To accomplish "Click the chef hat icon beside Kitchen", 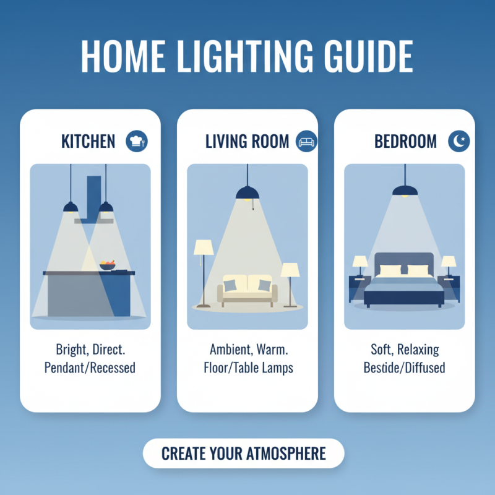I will click(136, 141).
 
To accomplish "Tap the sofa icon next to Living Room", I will click(307, 141).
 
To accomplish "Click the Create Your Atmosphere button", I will click(243, 453).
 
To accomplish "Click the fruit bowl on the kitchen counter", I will click(108, 265).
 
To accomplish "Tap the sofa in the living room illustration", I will click(247, 289).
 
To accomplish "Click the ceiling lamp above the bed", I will click(404, 189).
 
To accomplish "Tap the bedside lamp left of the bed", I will click(359, 265).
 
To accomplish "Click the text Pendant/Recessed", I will click(90, 368).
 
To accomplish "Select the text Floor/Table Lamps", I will click(247, 368).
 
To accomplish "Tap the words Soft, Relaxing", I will click(404, 350).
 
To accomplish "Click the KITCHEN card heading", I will click(88, 142).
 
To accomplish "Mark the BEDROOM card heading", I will click(406, 142).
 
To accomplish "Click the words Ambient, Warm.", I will click(247, 350).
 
